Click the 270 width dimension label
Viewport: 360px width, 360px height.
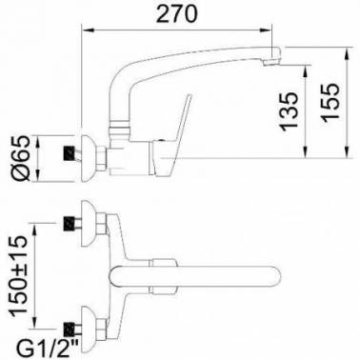[x=177, y=13]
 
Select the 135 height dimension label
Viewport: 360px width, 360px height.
[x=290, y=111]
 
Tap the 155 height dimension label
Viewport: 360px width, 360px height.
[x=330, y=102]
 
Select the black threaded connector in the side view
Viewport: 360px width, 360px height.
[x=70, y=153]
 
